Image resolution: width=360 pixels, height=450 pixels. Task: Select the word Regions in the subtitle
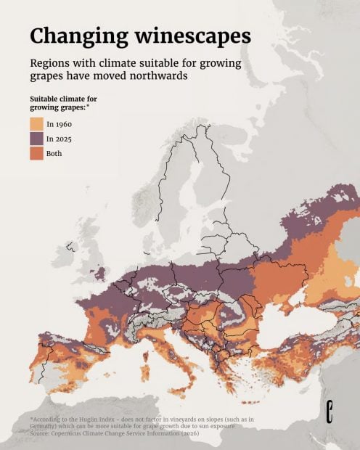(x=53, y=62)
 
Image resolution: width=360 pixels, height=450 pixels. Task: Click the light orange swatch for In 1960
(x=36, y=124)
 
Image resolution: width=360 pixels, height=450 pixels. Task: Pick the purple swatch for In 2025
(x=36, y=139)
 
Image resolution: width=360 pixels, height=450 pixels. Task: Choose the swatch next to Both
(x=36, y=153)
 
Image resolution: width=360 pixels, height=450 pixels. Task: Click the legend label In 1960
(x=58, y=124)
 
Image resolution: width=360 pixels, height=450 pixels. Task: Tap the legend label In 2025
(x=58, y=139)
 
